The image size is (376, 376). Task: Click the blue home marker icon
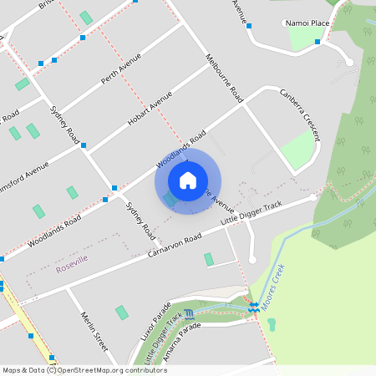(188, 180)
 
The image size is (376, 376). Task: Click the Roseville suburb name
(72, 267)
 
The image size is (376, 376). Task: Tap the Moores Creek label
(273, 288)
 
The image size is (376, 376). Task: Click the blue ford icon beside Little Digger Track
(189, 314)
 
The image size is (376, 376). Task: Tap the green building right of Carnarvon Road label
(208, 260)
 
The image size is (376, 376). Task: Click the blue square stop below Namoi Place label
(317, 41)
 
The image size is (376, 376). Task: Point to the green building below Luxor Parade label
(122, 312)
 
